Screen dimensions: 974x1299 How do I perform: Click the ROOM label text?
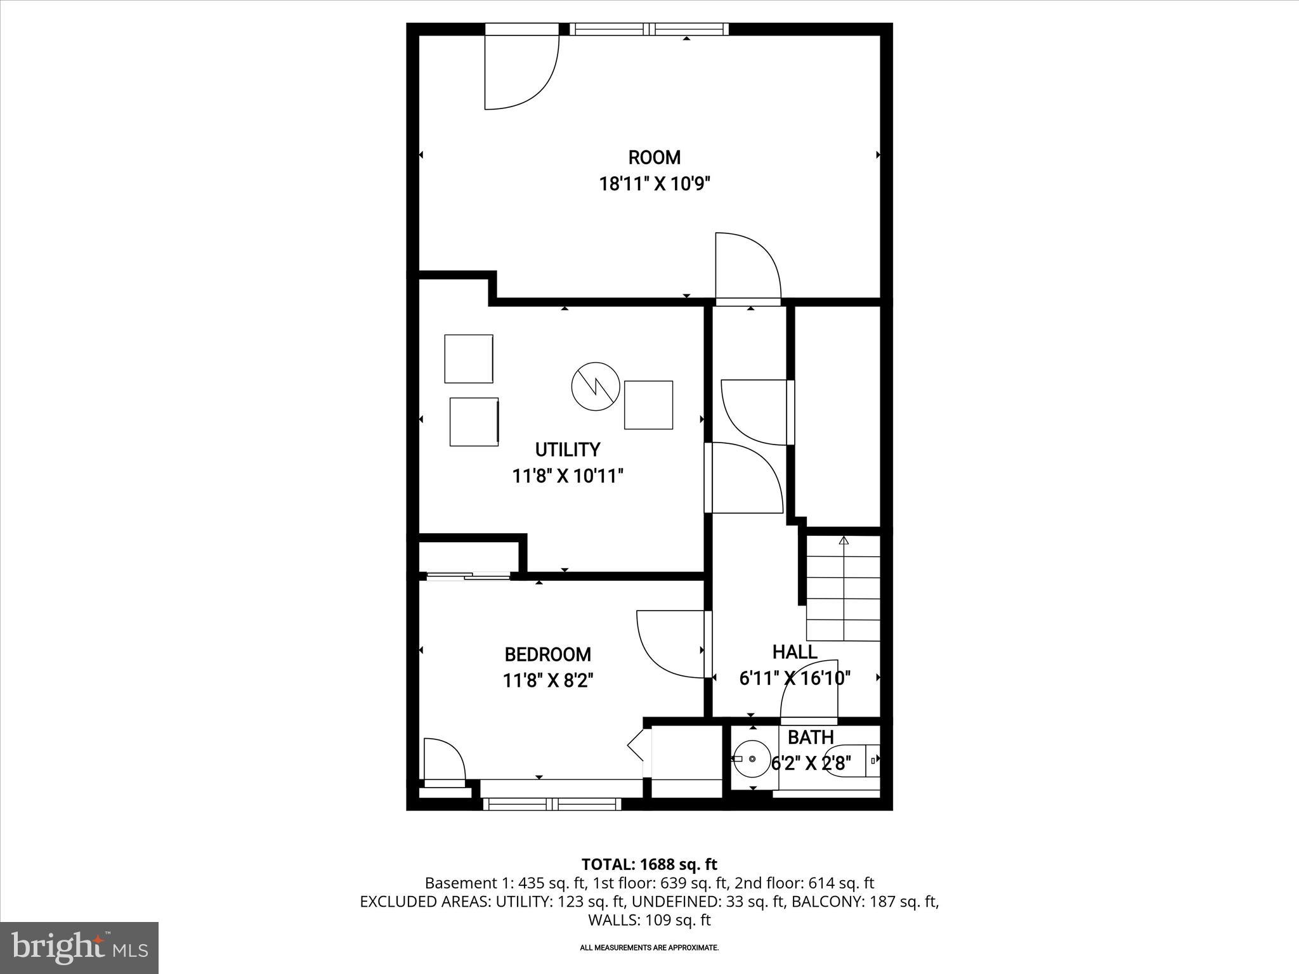click(654, 157)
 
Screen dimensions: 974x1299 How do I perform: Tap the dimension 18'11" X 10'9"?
click(654, 184)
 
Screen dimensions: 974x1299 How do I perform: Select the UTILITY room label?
click(567, 450)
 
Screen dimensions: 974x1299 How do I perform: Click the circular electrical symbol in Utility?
click(595, 386)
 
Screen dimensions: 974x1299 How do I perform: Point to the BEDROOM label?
click(547, 654)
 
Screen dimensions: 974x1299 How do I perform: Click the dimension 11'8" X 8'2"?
click(547, 680)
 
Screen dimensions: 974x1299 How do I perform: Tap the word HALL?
click(794, 652)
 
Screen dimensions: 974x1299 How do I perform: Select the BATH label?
click(810, 737)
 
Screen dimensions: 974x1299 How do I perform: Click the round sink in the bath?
click(752, 758)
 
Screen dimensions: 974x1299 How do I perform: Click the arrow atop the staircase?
click(844, 541)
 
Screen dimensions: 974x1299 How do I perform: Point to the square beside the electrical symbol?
click(648, 405)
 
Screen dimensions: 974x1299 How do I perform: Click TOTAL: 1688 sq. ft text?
click(649, 864)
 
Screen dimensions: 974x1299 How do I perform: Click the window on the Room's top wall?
click(648, 29)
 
